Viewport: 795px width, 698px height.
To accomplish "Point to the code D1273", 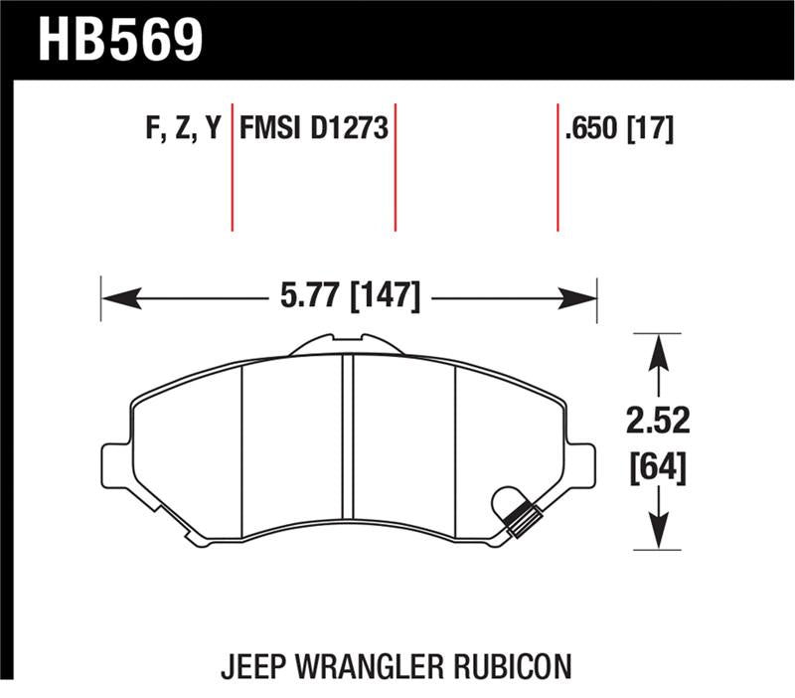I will [349, 130].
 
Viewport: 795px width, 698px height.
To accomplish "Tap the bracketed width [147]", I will [382, 295].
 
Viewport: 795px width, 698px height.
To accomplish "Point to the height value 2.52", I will [657, 422].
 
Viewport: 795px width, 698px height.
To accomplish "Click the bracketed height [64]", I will [657, 464].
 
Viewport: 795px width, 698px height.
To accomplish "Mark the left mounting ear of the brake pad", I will [116, 462].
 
